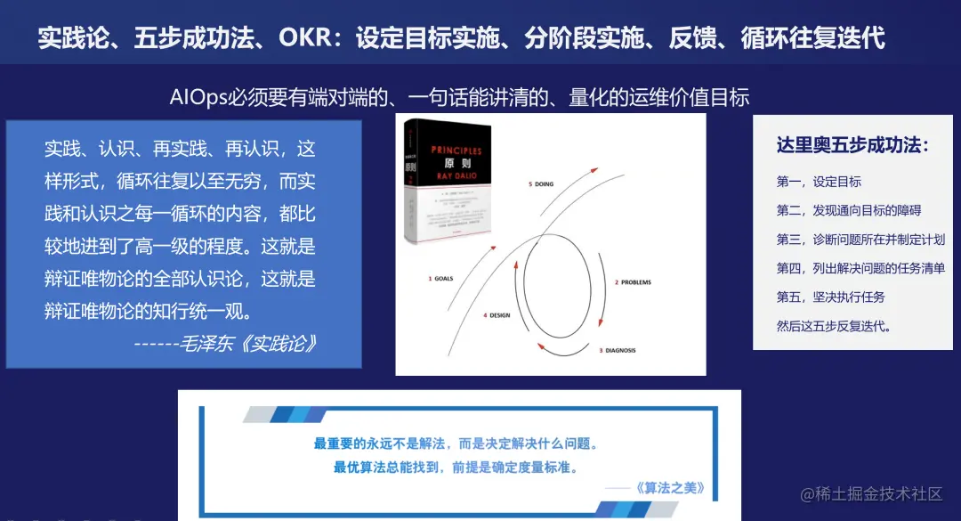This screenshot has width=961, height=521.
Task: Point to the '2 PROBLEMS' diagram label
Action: coord(633,282)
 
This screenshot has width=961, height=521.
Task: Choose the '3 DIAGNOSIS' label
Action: coord(617,350)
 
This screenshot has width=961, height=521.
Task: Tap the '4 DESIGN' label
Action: coord(497,315)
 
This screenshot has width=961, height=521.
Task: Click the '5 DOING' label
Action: coord(540,184)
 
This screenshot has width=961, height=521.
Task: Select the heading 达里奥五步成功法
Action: coord(852,145)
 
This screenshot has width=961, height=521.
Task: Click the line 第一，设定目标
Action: coord(819,182)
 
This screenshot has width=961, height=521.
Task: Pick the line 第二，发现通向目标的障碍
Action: coord(848,210)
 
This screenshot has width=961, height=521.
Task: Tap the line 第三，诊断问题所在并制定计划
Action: coord(860,239)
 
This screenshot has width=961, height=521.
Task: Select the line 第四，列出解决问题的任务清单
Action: coord(860,268)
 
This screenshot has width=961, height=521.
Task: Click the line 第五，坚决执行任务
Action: coord(830,297)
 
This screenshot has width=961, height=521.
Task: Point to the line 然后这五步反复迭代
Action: coord(834,326)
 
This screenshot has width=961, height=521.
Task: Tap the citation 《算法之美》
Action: coord(670,487)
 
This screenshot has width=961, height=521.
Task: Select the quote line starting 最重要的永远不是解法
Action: coord(455,444)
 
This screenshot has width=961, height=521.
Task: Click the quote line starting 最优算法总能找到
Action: coord(456,467)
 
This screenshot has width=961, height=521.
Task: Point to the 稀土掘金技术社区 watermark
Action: coord(870,493)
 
